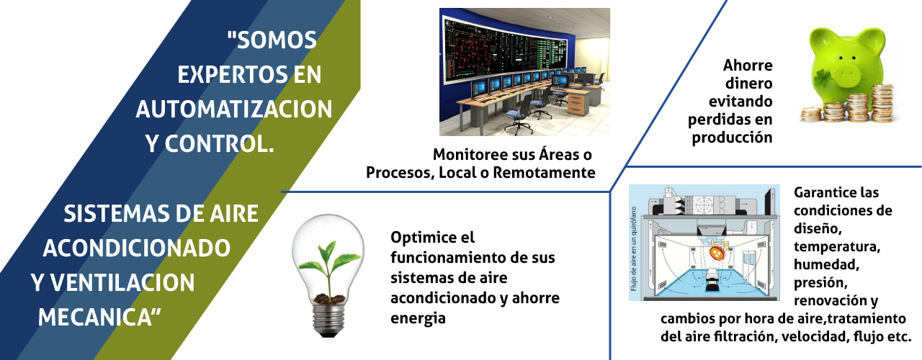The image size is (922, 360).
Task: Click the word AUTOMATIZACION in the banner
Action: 234,109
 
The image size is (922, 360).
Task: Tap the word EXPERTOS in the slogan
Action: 233,74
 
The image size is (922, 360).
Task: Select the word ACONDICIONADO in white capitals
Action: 137,248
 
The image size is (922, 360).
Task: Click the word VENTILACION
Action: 122,283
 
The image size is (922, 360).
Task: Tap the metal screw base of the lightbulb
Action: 328,318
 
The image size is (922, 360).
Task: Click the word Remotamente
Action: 544,173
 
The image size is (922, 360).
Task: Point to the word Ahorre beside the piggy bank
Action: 748,66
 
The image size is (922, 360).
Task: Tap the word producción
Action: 732,138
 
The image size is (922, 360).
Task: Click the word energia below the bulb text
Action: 418,319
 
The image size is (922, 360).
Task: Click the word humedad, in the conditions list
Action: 826,264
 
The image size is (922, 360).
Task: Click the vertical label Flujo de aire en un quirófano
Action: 633,248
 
